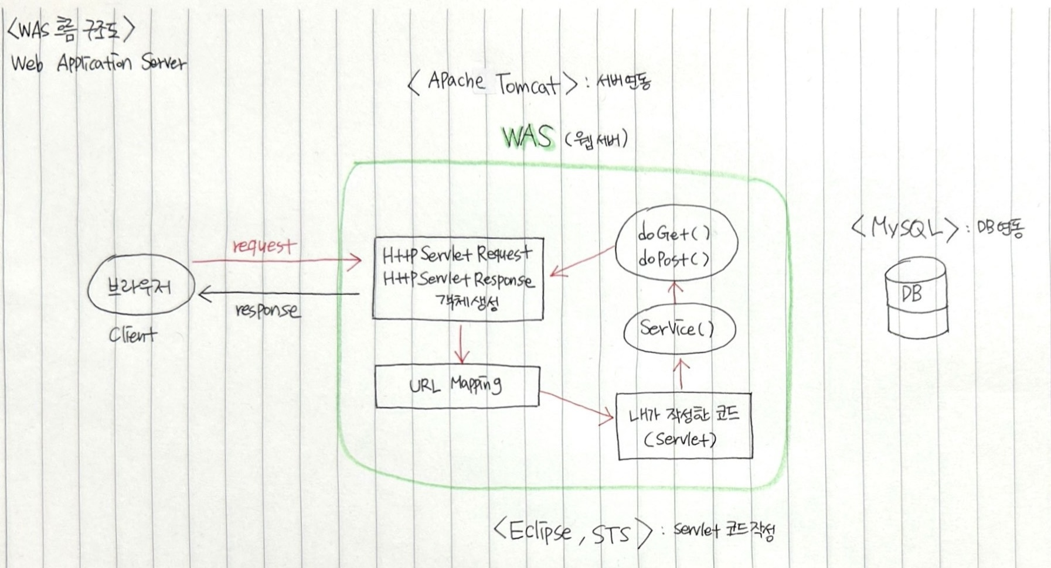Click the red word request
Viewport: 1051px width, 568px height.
264,246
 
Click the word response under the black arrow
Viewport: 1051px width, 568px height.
267,310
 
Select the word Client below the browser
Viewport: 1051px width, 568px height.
132,336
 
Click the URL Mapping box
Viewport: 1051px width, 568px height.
457,386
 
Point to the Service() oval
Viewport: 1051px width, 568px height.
677,329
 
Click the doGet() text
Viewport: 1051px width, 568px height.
674,234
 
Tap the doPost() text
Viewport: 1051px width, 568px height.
674,258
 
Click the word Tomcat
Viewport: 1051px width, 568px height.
529,85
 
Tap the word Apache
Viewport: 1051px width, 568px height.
456,80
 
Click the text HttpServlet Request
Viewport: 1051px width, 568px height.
457,255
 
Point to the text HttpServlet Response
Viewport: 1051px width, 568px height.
458,279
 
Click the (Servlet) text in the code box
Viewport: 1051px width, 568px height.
680,439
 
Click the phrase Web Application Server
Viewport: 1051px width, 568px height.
98,63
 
